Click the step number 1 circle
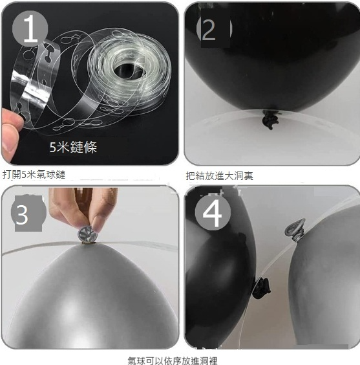(x=30, y=28)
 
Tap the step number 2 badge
(x=214, y=28)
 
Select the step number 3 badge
(x=28, y=214)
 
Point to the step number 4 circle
(x=213, y=212)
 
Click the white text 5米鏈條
(x=73, y=147)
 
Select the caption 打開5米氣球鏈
(x=34, y=175)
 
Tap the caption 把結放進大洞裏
(x=219, y=176)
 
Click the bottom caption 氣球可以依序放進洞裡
(x=173, y=360)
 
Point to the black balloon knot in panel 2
(x=270, y=120)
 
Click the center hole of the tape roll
(x=128, y=70)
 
